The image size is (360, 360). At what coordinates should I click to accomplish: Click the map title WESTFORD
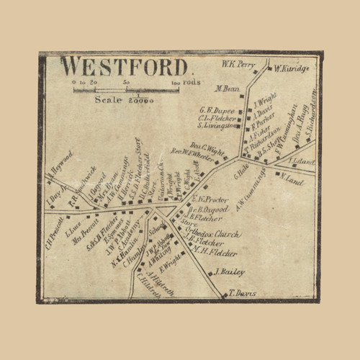pos(124,66)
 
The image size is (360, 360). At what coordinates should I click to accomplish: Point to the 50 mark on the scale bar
pos(127,83)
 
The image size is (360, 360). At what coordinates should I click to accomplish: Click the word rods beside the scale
pos(192,82)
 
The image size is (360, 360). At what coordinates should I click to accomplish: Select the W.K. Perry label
pos(238,64)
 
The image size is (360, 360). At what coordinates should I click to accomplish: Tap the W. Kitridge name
pos(292,68)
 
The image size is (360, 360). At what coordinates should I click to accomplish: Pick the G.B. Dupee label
pos(218,110)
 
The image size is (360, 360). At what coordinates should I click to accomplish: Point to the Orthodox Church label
pos(217,235)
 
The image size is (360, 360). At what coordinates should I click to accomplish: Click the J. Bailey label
pos(230,272)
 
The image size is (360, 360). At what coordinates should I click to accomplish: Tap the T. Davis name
pos(243,293)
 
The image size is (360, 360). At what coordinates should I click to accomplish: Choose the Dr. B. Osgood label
pos(210,209)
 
